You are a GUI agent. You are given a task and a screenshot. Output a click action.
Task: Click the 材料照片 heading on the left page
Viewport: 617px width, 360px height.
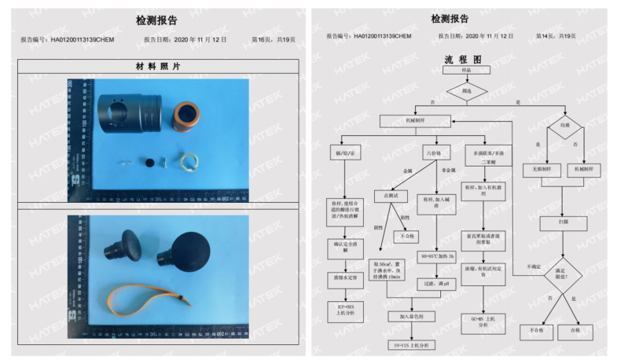pos(159,67)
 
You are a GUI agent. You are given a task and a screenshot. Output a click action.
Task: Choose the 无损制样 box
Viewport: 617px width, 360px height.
pos(539,169)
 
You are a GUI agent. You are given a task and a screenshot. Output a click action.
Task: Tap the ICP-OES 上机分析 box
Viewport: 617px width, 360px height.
pos(346,310)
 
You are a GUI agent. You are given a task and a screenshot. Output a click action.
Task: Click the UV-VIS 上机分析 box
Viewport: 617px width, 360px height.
pos(413,344)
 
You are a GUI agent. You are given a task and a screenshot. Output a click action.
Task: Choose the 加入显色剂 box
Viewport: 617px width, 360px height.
pos(413,316)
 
